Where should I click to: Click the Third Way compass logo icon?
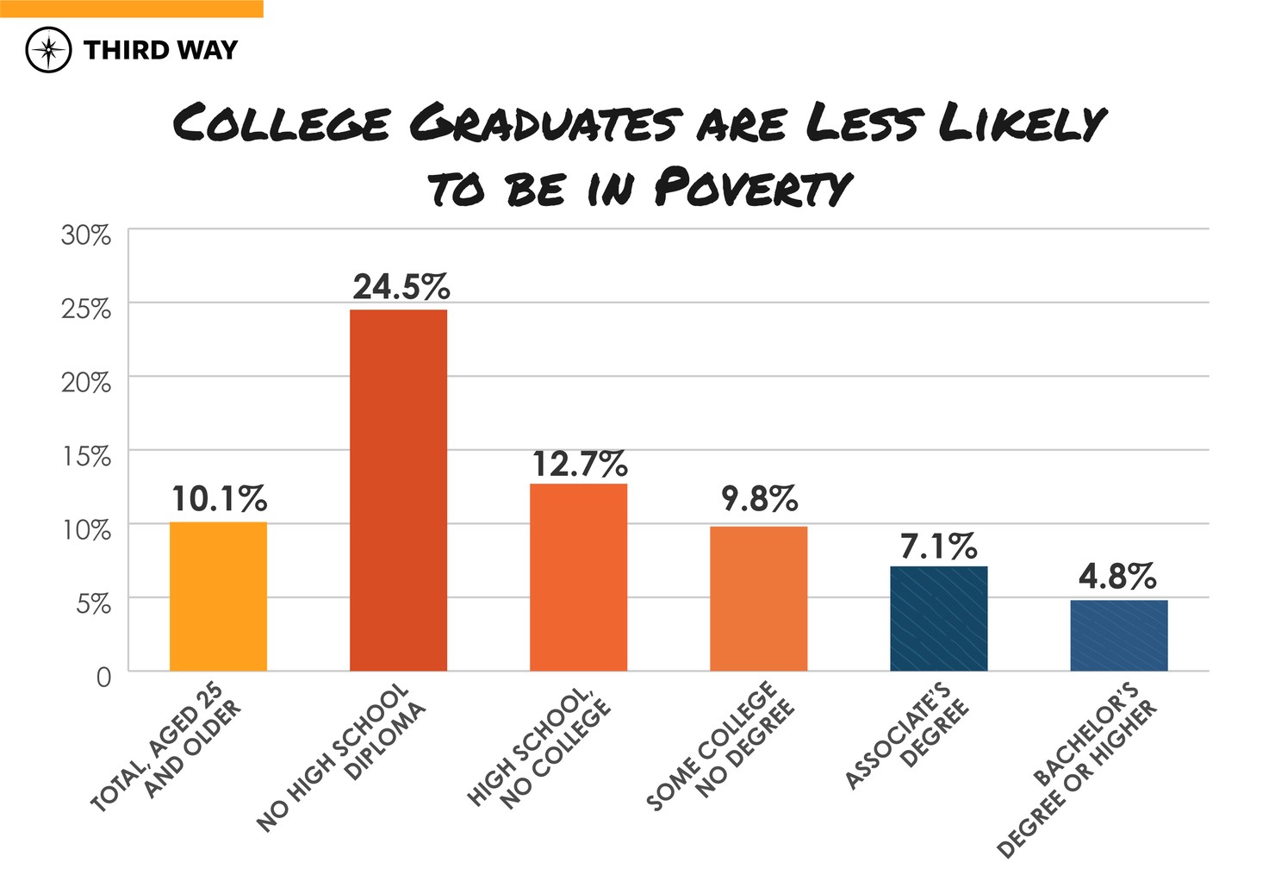[x=48, y=49]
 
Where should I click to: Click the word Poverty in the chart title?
[x=752, y=187]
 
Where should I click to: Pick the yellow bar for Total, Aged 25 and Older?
[x=218, y=597]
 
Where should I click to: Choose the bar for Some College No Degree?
[x=758, y=598]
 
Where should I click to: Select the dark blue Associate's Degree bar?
[x=938, y=618]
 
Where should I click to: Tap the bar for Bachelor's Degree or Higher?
[x=1118, y=635]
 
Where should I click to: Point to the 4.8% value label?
[x=1117, y=577]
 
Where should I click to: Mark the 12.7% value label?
[x=579, y=465]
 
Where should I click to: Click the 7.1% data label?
[x=938, y=546]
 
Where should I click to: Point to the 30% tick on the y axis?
[x=86, y=234]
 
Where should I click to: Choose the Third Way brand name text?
[x=160, y=50]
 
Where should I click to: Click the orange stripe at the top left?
[x=131, y=9]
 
